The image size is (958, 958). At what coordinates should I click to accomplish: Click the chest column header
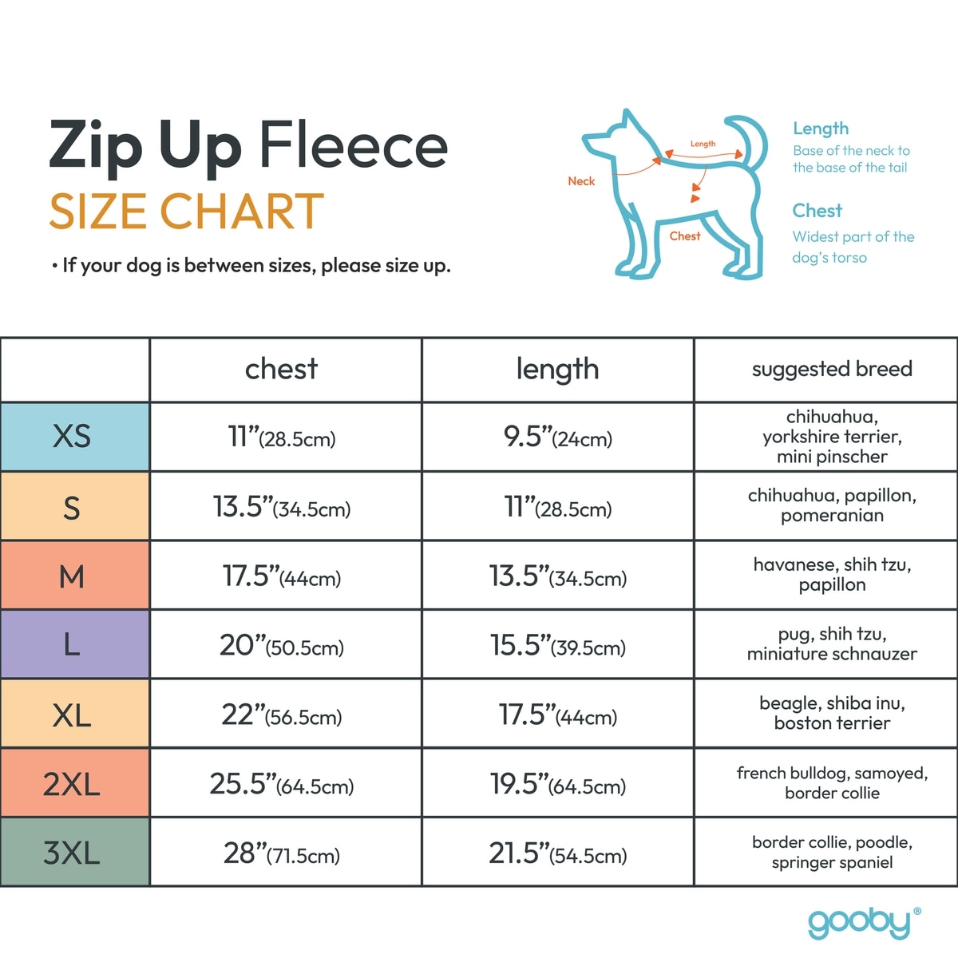coord(281,369)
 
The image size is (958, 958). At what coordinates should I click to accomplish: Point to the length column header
coord(557,369)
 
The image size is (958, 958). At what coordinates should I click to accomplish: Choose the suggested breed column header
coord(831,369)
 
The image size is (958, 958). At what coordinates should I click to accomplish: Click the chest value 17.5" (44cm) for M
coord(282,576)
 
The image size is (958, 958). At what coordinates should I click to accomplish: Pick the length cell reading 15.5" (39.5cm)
coord(557,646)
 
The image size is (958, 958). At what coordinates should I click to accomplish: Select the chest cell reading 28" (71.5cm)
coord(282,853)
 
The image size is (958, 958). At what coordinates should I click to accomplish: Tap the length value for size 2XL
coord(557,784)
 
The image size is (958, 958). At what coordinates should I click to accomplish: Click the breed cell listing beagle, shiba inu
coord(831,713)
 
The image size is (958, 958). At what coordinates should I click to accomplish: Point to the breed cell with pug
coord(831,643)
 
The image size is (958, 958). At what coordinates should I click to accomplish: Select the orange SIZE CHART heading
coord(186,212)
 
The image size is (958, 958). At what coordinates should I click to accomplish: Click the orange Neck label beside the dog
coord(581,181)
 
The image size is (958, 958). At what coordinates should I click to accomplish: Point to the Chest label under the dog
coord(685,236)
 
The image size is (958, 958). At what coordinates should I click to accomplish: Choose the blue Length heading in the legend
coord(821,129)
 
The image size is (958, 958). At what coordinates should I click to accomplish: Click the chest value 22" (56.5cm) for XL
coord(282,715)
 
